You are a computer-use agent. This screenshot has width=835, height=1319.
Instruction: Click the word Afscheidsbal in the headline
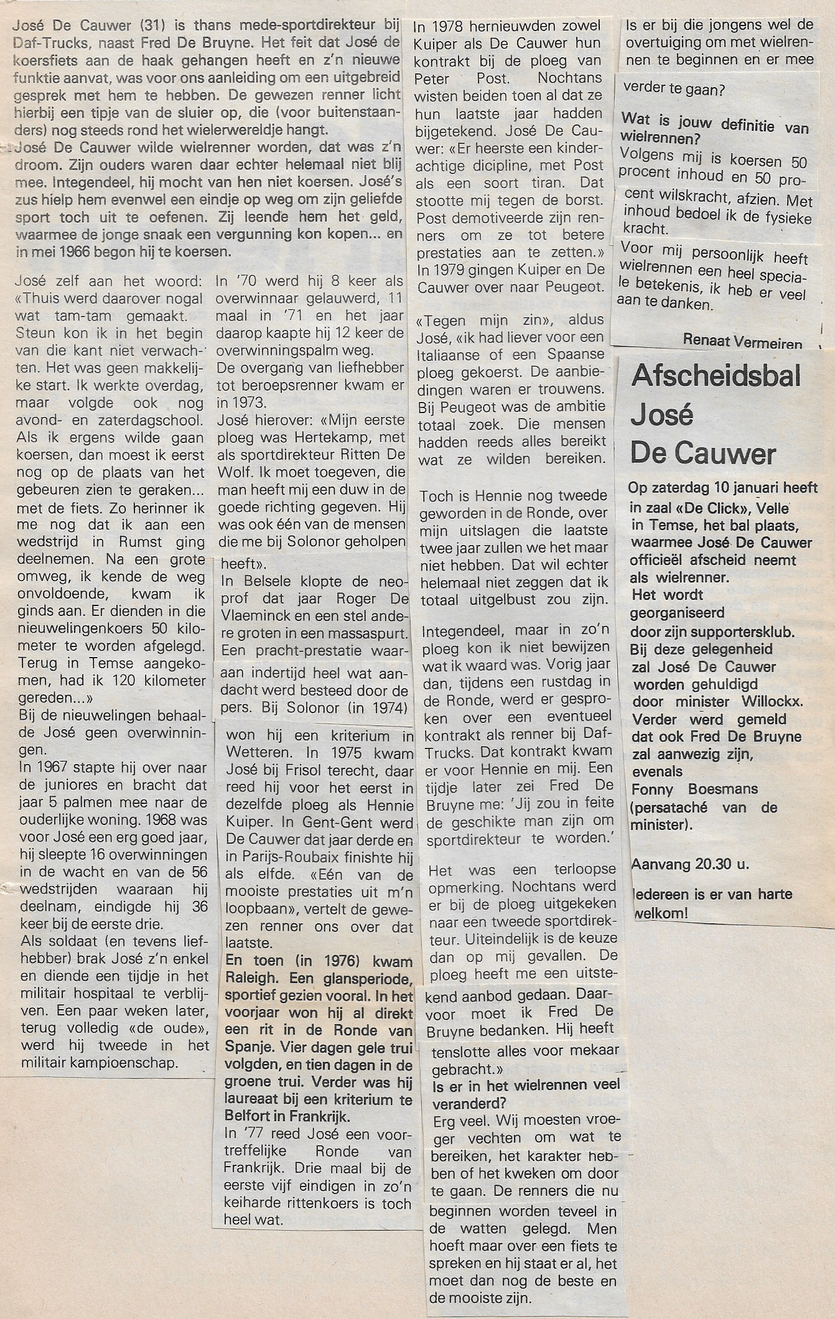716,378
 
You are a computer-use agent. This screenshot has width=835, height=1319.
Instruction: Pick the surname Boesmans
727,789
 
